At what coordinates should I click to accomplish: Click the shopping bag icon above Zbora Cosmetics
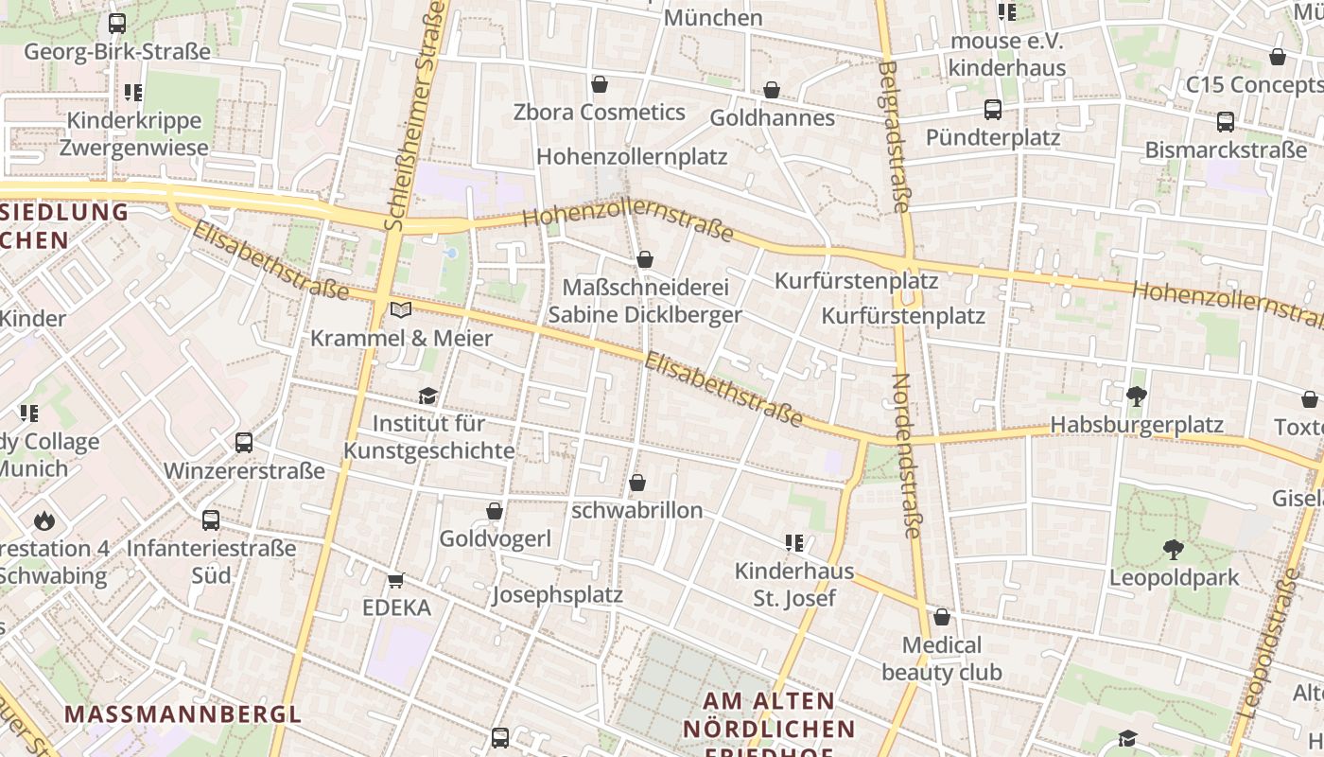click(599, 85)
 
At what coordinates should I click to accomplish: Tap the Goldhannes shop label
click(772, 117)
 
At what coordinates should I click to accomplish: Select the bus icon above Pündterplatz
click(992, 110)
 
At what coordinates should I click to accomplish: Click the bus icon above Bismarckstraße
click(1225, 122)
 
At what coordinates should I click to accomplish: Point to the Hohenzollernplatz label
click(632, 156)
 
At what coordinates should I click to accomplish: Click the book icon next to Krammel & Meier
click(401, 310)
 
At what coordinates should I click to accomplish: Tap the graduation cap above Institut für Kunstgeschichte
click(428, 396)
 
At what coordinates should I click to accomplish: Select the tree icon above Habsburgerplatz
click(1137, 396)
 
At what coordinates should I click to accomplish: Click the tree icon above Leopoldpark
click(1174, 550)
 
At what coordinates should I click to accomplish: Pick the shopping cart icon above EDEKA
click(395, 580)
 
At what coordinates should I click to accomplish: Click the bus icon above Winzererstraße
click(244, 443)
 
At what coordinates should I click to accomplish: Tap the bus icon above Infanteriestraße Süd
click(211, 520)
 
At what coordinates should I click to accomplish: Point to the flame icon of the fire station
click(44, 520)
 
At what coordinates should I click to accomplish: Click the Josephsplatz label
click(557, 595)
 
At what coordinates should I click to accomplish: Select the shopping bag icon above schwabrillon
click(637, 484)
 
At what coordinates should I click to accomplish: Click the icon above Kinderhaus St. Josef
click(794, 543)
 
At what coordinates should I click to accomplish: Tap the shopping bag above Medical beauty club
click(942, 618)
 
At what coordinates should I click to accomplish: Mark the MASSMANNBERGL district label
click(183, 713)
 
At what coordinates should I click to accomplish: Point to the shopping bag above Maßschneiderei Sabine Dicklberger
click(645, 259)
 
